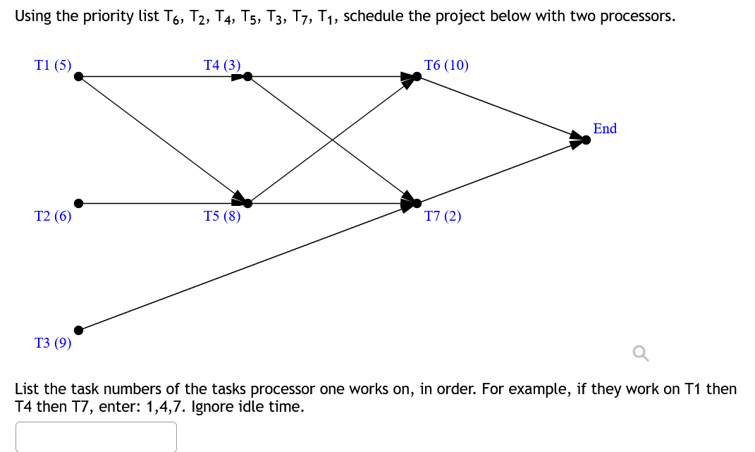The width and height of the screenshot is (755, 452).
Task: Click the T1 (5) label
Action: pyautogui.click(x=53, y=66)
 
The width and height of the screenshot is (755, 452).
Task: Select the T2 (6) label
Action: pyautogui.click(x=53, y=216)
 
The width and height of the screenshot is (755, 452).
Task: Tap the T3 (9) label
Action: pyautogui.click(x=53, y=343)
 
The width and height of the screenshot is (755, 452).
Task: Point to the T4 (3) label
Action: pyautogui.click(x=222, y=66)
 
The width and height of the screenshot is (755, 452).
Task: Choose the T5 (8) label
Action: pyautogui.click(x=222, y=216)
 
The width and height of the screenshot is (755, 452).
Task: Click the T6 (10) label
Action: pyautogui.click(x=446, y=66)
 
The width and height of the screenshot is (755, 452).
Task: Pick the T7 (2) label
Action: pyautogui.click(x=443, y=216)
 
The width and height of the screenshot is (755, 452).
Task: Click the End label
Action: pyautogui.click(x=605, y=128)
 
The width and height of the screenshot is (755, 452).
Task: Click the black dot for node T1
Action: pyautogui.click(x=79, y=76)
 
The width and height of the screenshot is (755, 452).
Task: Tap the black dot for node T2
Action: pyautogui.click(x=79, y=203)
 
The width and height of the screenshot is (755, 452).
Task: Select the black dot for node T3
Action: pyautogui.click(x=79, y=329)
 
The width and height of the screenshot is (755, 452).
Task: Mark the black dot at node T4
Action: pyautogui.click(x=247, y=76)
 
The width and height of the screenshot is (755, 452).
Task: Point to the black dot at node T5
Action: pyautogui.click(x=247, y=203)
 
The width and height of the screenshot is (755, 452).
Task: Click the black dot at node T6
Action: pyautogui.click(x=417, y=76)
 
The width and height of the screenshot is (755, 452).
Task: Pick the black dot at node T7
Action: pyautogui.click(x=417, y=203)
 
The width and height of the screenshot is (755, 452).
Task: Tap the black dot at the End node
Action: pyautogui.click(x=586, y=140)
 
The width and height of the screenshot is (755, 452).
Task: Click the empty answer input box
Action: pyautogui.click(x=96, y=436)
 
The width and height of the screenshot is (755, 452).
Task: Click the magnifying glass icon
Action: pyautogui.click(x=640, y=353)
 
